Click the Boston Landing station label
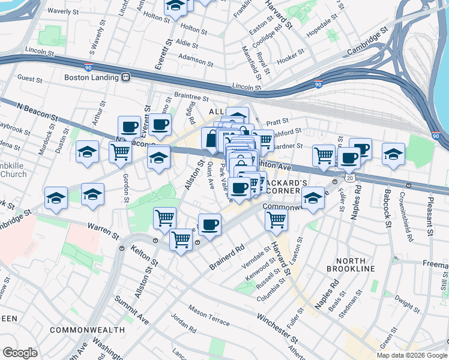pos(91,77)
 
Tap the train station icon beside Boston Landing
pos(126,77)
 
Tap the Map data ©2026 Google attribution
pos(412,355)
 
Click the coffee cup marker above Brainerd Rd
pos(209,224)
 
